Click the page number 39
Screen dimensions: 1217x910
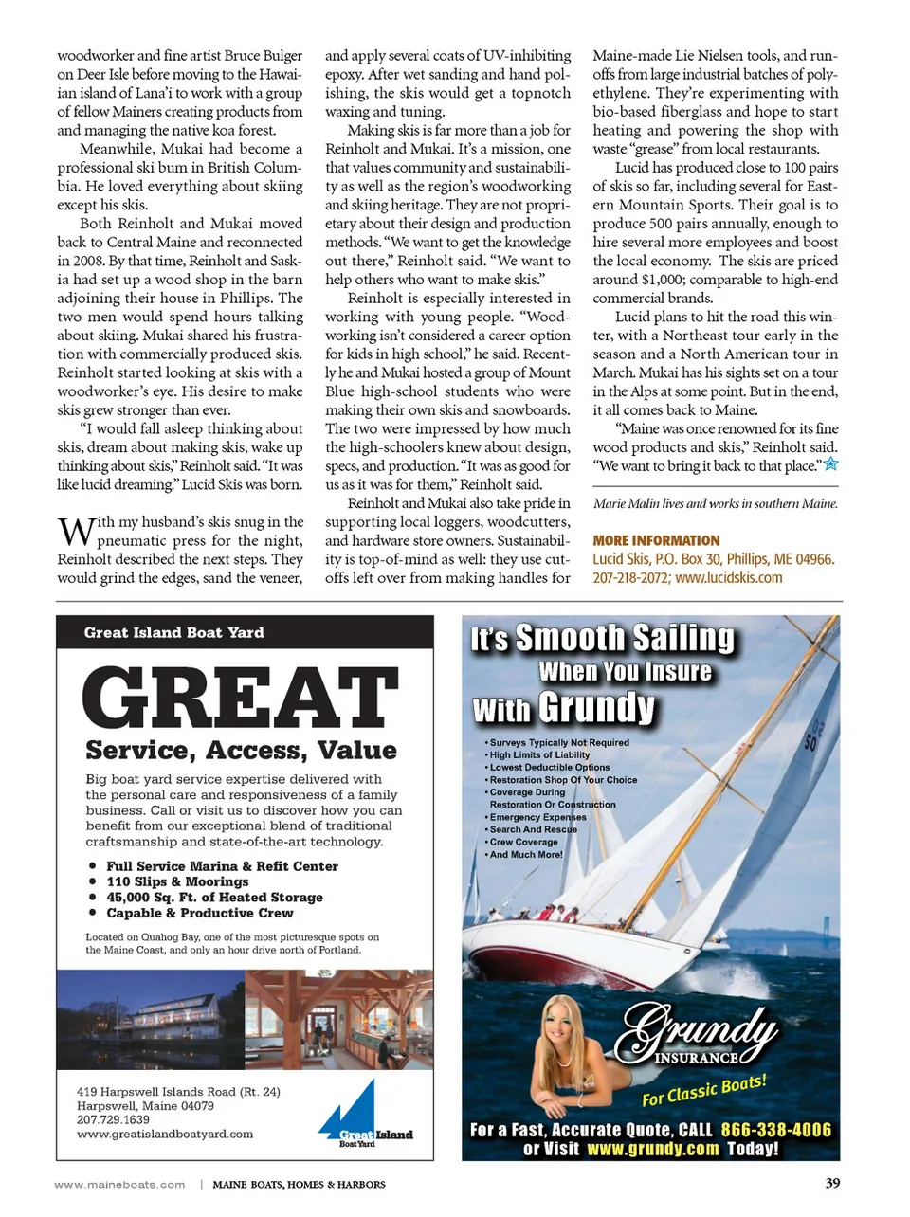(x=832, y=1182)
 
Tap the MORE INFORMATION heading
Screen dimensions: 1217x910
(x=656, y=540)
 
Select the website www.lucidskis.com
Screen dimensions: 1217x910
(x=729, y=577)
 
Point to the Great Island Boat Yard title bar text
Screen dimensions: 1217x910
(x=174, y=632)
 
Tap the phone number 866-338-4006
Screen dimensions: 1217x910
(x=775, y=1130)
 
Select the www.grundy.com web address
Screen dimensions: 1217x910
(x=653, y=1149)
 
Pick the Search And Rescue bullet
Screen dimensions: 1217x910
(x=533, y=829)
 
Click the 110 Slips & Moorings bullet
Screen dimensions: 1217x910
(x=177, y=881)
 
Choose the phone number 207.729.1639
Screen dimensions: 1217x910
(x=113, y=1119)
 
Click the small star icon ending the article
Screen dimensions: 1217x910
(x=830, y=464)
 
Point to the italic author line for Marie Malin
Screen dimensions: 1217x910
(x=715, y=503)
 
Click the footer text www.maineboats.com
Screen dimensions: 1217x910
(x=120, y=1184)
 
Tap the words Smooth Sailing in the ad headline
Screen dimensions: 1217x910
(x=625, y=638)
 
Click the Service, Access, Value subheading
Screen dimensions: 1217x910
(x=241, y=750)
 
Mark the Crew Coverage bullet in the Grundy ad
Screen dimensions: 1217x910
(x=523, y=842)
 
